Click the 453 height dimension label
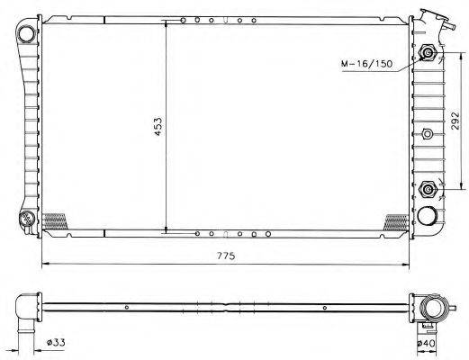click(158, 126)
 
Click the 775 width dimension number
click(226, 256)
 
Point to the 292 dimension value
click(455, 121)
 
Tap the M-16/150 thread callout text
click(366, 64)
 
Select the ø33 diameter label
click(56, 342)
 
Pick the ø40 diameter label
click(427, 344)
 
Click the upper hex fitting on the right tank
click(427, 53)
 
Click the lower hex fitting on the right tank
click(427, 189)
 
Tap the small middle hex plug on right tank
click(427, 133)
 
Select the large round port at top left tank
click(27, 34)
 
